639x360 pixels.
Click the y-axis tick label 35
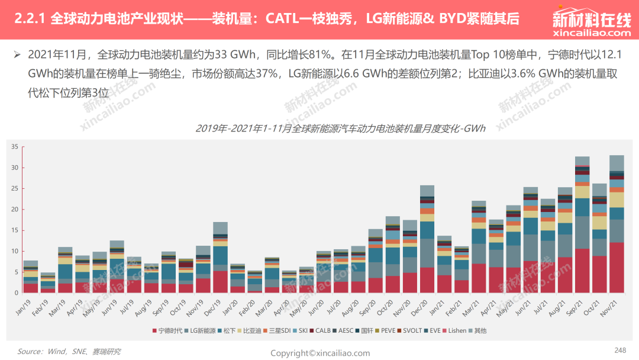pos(15,147)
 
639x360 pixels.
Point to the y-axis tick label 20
pos(15,210)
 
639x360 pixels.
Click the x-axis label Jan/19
pos(23,307)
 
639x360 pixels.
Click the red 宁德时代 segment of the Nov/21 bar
pos(617,268)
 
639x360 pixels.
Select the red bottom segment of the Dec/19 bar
pos(221,282)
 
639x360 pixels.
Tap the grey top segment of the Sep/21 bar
pos(582,160)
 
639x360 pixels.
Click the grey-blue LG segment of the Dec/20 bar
pos(427,253)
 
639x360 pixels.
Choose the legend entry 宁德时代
pos(167,330)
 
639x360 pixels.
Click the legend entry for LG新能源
pos(200,330)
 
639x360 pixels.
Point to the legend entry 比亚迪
pos(250,330)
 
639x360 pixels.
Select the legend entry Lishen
pos(454,330)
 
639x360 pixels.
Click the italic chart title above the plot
pos(340,128)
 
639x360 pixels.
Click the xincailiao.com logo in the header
pos(592,23)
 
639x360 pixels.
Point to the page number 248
pos(620,350)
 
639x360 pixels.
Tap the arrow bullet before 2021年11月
pos(17,54)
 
